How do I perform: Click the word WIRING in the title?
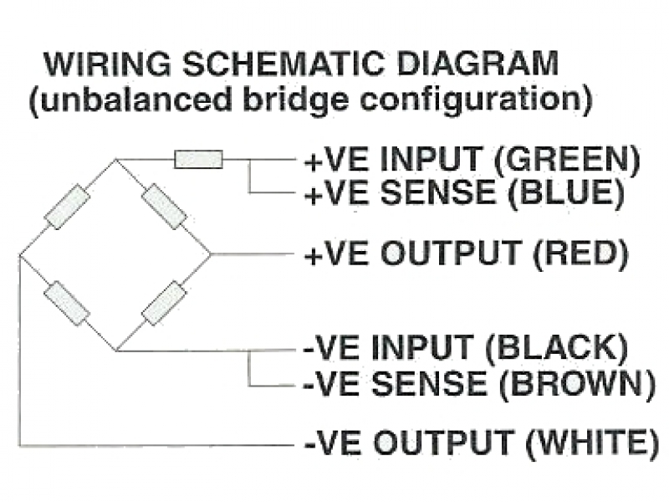point(108,64)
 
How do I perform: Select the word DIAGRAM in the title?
point(477,64)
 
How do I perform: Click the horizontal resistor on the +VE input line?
point(199,159)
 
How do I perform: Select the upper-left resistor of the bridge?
point(68,207)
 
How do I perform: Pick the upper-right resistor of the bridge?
point(164,207)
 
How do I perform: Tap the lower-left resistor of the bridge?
point(67,304)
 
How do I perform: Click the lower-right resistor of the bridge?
point(164,303)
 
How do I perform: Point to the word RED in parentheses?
point(580,254)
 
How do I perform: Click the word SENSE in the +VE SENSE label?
point(437,192)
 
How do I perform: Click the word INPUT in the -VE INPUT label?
point(423,347)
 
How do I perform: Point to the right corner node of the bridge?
point(211,255)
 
